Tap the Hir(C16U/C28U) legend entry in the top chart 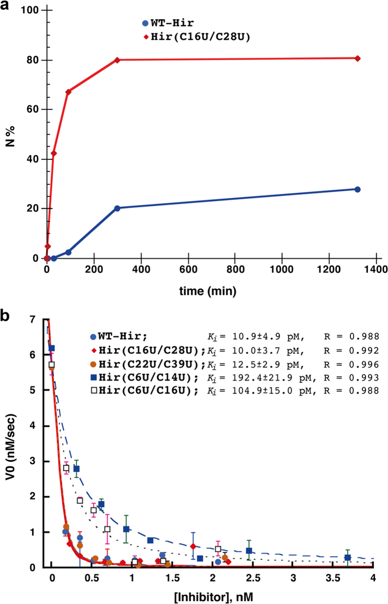coord(197,37)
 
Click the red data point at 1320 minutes coord(357,59)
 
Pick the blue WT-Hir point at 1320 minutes coord(357,189)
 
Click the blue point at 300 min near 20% coord(118,208)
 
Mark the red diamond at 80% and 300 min coord(118,60)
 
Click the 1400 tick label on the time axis coord(376,270)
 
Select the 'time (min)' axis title coord(208,291)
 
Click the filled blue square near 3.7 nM coord(348,558)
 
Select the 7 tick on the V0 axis coord(33,319)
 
